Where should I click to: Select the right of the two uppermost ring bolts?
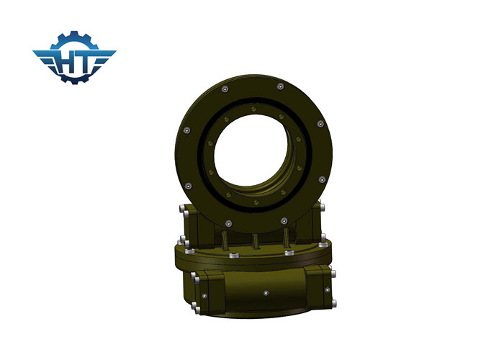point(279,88)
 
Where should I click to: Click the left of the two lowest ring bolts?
point(228,222)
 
